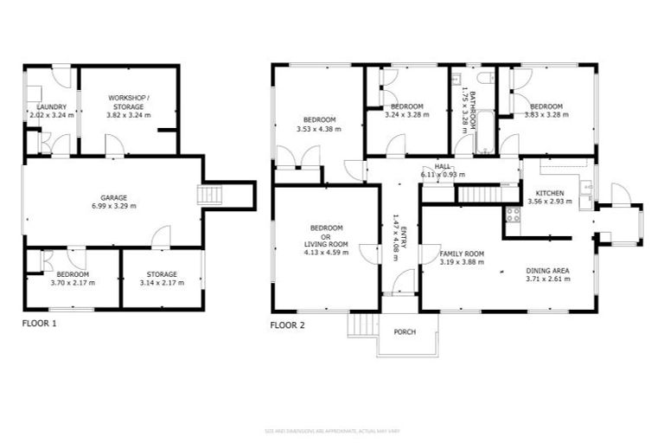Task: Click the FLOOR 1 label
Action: (39, 324)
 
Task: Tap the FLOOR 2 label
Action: (287, 325)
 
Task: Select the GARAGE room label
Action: (114, 196)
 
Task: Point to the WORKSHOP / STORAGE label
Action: (128, 102)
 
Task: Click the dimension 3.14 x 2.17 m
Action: (162, 283)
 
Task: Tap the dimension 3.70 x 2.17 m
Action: (73, 283)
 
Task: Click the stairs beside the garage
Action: (210, 196)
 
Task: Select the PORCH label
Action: (405, 331)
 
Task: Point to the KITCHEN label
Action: (550, 193)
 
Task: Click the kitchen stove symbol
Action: (512, 215)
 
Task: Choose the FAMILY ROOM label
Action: (462, 254)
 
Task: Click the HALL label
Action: (443, 165)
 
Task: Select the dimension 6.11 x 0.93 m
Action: (443, 174)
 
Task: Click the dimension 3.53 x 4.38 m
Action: (318, 129)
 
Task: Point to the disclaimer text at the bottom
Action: (332, 430)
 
